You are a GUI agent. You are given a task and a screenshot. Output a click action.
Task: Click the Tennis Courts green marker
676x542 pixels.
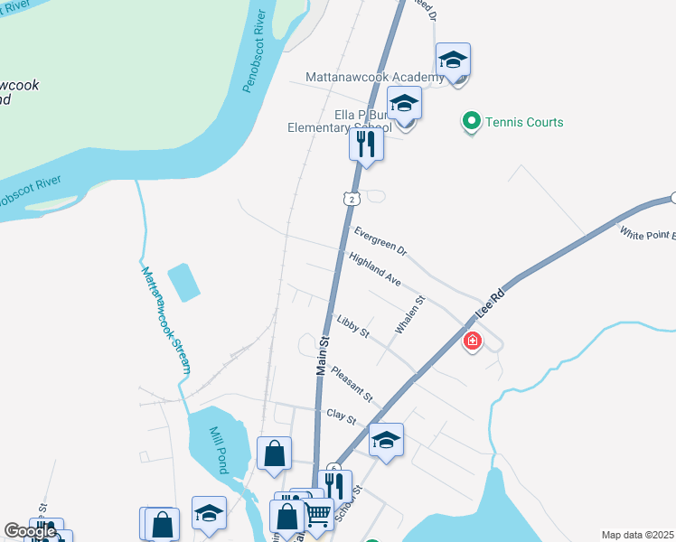pos(471,122)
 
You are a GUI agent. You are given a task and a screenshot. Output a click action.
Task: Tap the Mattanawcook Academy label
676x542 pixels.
pos(374,78)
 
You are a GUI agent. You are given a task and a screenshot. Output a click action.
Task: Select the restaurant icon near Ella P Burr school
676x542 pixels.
pos(366,144)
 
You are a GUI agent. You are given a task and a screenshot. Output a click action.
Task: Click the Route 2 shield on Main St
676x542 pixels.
pos(350,197)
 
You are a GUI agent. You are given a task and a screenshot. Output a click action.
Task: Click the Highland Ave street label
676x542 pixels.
pos(374,270)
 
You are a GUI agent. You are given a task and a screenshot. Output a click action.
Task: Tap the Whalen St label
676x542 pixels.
pos(408,314)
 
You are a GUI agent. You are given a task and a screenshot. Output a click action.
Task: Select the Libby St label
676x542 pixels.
pos(352,327)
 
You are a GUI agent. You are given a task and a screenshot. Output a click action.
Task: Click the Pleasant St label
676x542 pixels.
pos(352,383)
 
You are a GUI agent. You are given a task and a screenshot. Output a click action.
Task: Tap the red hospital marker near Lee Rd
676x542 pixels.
pos(472,341)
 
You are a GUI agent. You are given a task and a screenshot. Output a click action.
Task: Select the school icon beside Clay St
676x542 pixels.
pos(386,440)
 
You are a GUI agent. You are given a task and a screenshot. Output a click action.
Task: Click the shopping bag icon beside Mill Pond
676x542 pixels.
pos(274,453)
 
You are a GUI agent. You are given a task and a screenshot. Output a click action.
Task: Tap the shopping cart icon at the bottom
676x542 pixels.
pos(317,514)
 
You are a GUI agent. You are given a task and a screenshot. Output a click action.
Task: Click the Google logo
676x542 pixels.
pos(31,532)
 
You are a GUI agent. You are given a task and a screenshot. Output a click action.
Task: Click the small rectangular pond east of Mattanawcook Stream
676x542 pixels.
pos(183,282)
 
